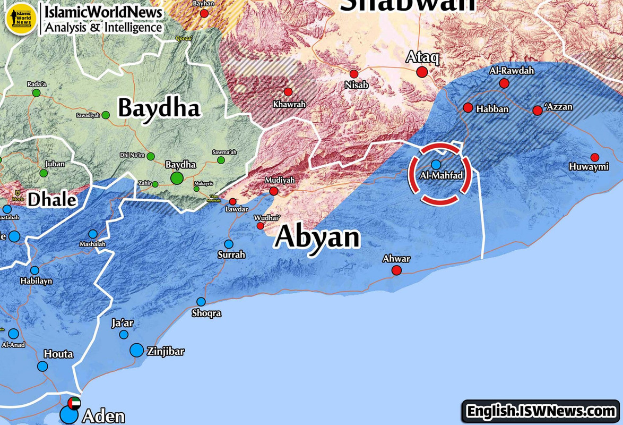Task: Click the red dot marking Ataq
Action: (422, 72)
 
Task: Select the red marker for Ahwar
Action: (396, 270)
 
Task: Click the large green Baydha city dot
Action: (177, 178)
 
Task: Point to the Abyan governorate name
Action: (317, 237)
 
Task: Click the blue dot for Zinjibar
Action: (137, 350)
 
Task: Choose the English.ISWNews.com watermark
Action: (540, 411)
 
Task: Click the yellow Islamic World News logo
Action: (20, 18)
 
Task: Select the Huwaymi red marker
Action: (595, 157)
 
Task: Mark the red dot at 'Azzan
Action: (538, 110)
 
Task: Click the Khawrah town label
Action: (289, 104)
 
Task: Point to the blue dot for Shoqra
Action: (201, 302)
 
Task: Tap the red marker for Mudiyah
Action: (274, 191)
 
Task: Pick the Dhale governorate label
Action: (52, 200)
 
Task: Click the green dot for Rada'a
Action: (37, 93)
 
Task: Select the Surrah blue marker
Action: (229, 244)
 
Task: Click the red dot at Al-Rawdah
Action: (504, 83)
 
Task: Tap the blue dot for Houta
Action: (42, 366)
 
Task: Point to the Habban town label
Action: (492, 109)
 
